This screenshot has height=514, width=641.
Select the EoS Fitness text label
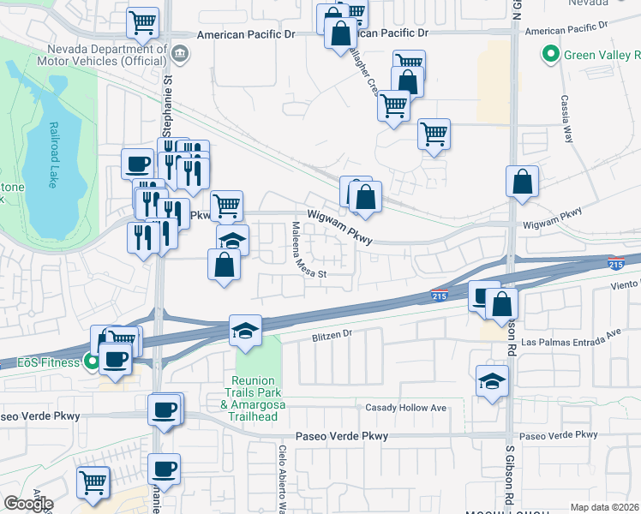[41, 362]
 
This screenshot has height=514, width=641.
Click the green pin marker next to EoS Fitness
[89, 362]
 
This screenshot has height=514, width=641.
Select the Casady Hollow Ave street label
[406, 408]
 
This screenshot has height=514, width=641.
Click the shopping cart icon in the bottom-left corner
[93, 481]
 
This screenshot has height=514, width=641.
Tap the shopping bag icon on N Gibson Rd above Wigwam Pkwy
[522, 182]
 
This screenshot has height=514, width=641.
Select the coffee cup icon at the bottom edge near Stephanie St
[164, 469]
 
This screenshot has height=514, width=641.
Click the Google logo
[28, 504]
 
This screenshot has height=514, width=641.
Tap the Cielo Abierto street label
[281, 479]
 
